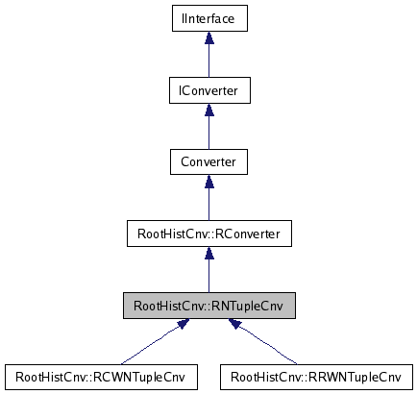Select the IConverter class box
(x=209, y=90)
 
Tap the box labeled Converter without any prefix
(x=209, y=160)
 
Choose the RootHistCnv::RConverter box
(x=209, y=234)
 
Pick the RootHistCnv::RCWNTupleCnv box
(x=101, y=377)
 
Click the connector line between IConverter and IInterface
(x=209, y=61)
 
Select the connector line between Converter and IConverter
(x=209, y=132)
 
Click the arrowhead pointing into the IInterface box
(x=209, y=37)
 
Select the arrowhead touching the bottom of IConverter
(x=209, y=110)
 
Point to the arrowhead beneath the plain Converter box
(x=209, y=181)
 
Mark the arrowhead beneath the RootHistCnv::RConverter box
(x=209, y=253)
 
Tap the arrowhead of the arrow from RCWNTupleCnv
(x=181, y=328)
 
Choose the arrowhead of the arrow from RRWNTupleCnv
(x=236, y=328)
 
